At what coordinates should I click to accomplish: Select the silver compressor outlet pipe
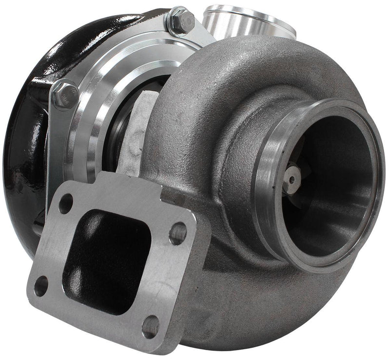click(x=244, y=19)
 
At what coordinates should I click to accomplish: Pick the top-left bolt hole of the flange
click(x=65, y=204)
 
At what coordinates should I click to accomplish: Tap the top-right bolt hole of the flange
click(x=178, y=233)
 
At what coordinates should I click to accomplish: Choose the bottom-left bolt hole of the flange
click(x=41, y=286)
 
